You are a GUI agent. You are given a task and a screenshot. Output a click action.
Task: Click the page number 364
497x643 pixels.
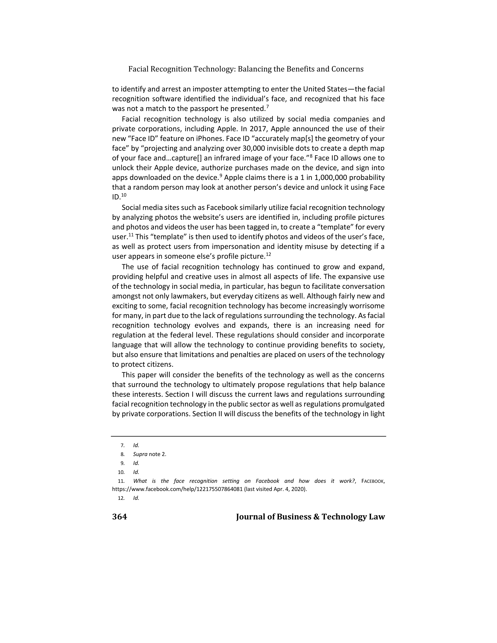(x=119, y=517)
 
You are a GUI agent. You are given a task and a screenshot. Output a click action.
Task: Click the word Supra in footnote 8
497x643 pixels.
(x=140, y=454)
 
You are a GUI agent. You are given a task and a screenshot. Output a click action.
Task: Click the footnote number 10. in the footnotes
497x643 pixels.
(x=121, y=472)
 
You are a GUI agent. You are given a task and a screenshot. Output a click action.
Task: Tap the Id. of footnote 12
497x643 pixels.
(x=136, y=498)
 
